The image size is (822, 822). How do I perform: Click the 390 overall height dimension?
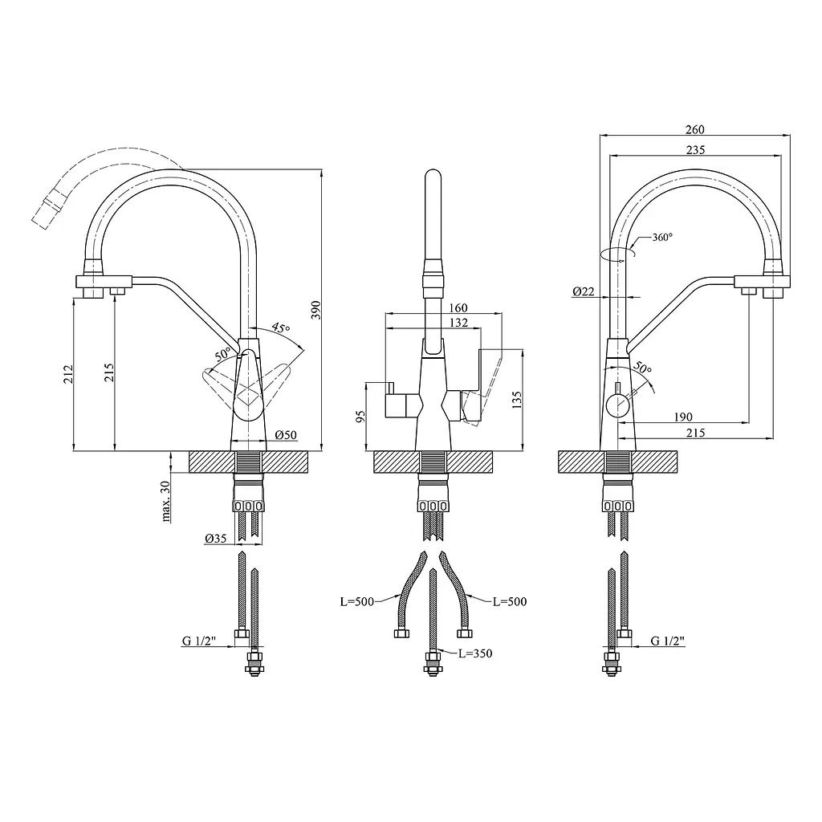tap(315, 311)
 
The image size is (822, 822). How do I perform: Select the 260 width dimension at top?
tap(695, 129)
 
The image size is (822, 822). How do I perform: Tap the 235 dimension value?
tap(696, 150)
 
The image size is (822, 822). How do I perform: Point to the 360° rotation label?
tap(662, 238)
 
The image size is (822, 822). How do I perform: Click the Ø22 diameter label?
tap(584, 291)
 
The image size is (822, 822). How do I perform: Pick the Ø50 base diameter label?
tap(286, 434)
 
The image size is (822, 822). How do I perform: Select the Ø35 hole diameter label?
tap(215, 538)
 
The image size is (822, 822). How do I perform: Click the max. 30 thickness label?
tap(165, 501)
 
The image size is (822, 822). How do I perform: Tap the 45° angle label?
tap(281, 328)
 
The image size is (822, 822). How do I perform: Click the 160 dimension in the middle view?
tap(458, 307)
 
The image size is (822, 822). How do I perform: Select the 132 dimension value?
tap(458, 323)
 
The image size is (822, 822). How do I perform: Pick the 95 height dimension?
tap(360, 417)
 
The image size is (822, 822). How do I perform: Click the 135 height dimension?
tap(517, 400)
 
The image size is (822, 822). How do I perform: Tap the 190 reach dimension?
tap(682, 417)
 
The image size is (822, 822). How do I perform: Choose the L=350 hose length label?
tap(475, 653)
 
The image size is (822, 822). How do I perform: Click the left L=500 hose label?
tap(357, 601)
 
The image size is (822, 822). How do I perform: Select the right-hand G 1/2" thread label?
tap(667, 641)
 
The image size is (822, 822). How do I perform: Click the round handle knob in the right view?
tap(618, 405)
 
